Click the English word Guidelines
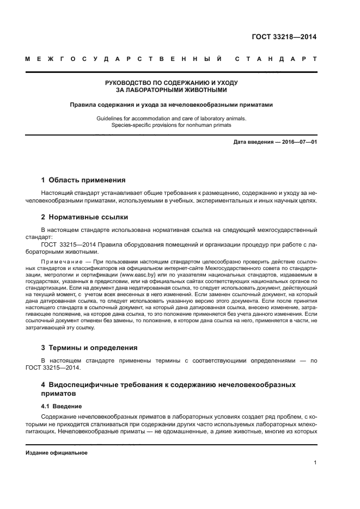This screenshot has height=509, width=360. (x=111, y=118)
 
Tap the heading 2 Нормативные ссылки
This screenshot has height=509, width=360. (x=84, y=217)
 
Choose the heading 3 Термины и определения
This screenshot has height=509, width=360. (x=89, y=347)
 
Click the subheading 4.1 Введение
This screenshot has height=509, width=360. (x=62, y=406)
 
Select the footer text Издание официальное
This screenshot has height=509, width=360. (x=57, y=453)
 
